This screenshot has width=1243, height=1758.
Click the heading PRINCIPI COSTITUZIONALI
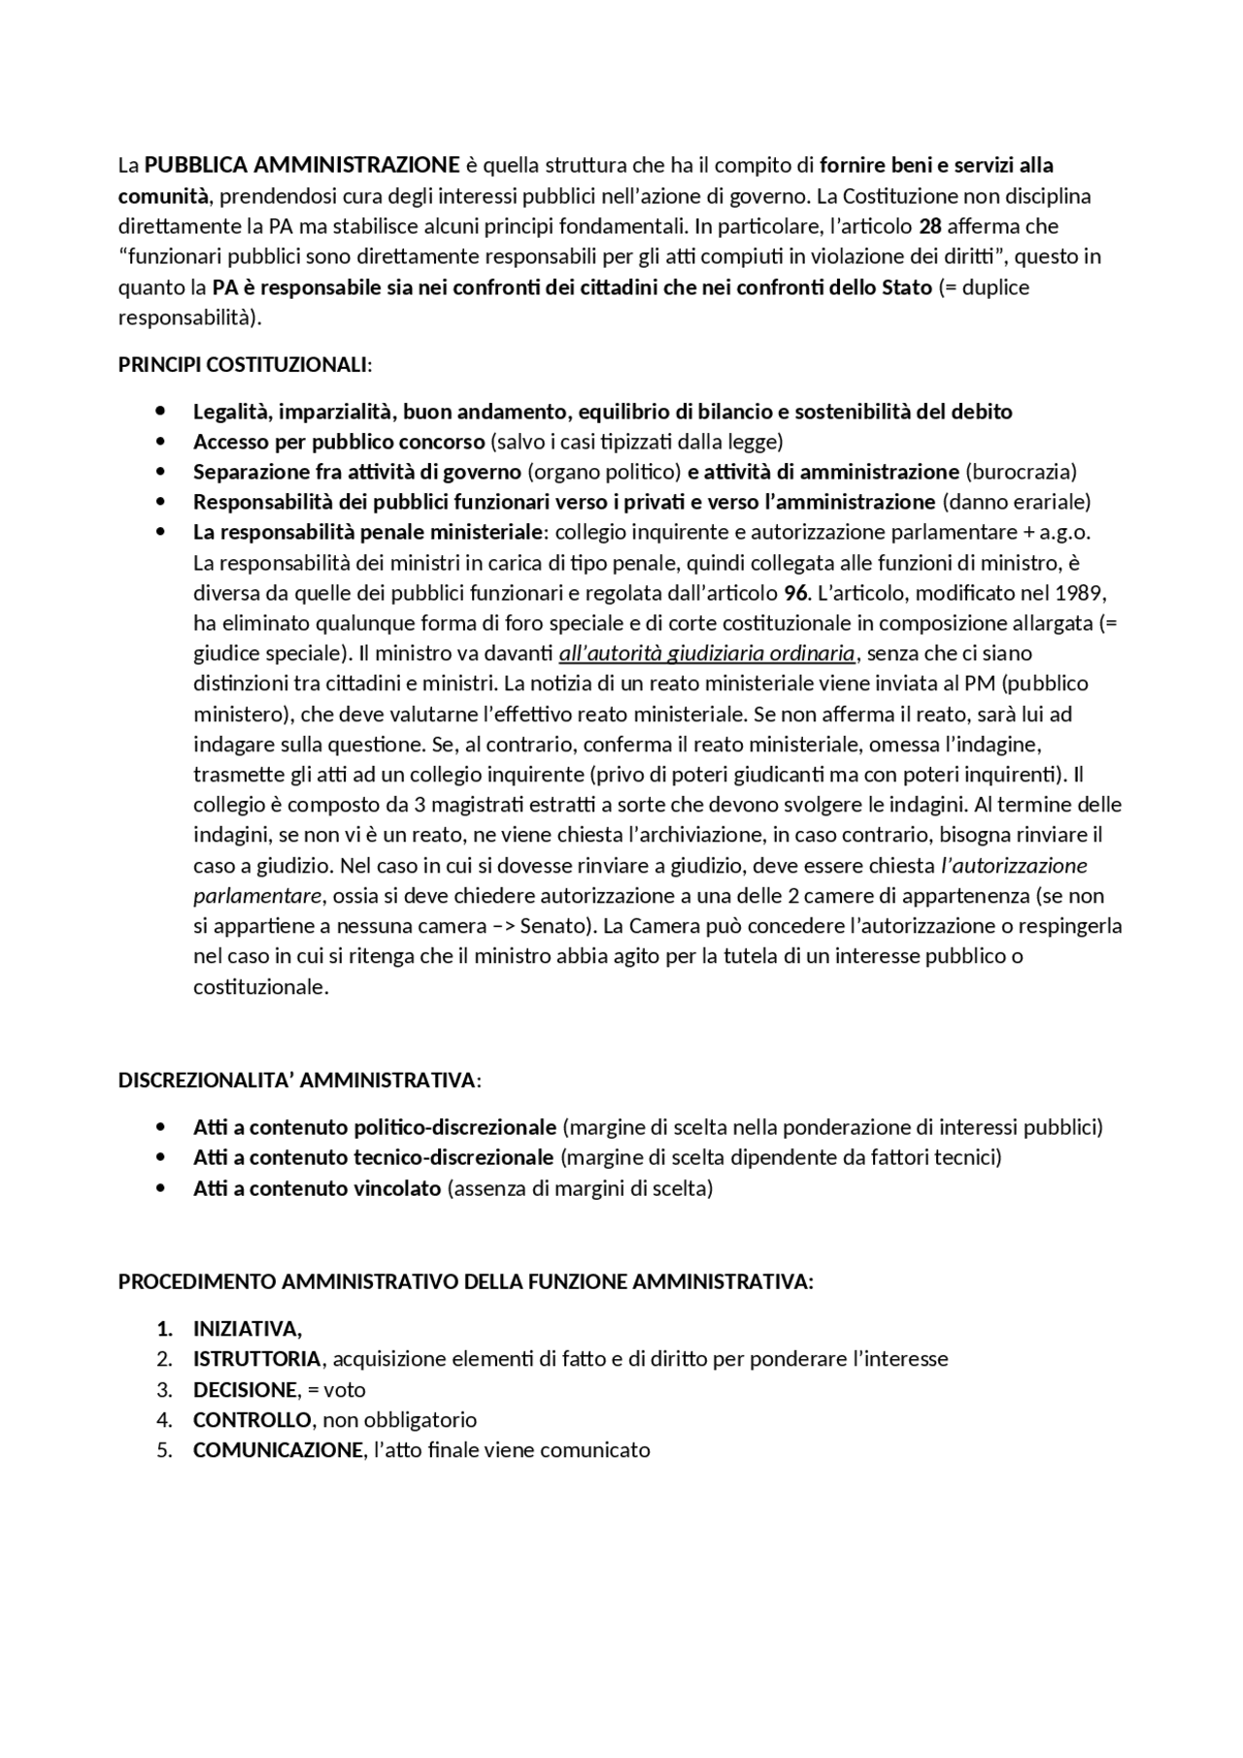pyautogui.click(x=245, y=365)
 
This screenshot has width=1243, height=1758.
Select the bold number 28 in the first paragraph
pyautogui.click(x=929, y=226)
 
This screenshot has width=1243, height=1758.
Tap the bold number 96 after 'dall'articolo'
pyautogui.click(x=795, y=592)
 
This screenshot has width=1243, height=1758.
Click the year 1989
pyautogui.click(x=1081, y=592)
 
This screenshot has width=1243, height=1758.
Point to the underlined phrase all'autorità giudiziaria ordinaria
pyautogui.click(x=707, y=652)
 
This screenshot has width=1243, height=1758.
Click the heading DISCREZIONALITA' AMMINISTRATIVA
pyautogui.click(x=299, y=1080)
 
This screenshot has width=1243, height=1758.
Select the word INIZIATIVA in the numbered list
pyautogui.click(x=247, y=1328)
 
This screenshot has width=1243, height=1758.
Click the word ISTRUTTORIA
pyautogui.click(x=256, y=1358)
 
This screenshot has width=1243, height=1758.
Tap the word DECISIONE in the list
pyautogui.click(x=245, y=1389)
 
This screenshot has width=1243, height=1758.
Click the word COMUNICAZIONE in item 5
pyautogui.click(x=278, y=1450)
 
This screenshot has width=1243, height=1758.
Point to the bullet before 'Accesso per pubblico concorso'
pyautogui.click(x=160, y=442)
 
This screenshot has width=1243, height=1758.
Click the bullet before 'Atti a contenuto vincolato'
pyautogui.click(x=160, y=1188)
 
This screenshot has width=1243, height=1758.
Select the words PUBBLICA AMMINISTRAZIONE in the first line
pyautogui.click(x=302, y=165)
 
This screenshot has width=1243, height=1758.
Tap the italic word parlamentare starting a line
pyautogui.click(x=256, y=895)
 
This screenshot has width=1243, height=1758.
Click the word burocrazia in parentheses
pyautogui.click(x=1021, y=472)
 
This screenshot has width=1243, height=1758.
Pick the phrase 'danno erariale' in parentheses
pyautogui.click(x=1017, y=502)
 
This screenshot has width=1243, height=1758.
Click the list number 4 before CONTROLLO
pyautogui.click(x=164, y=1419)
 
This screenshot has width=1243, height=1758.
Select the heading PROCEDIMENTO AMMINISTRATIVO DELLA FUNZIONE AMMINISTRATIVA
pyautogui.click(x=465, y=1281)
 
